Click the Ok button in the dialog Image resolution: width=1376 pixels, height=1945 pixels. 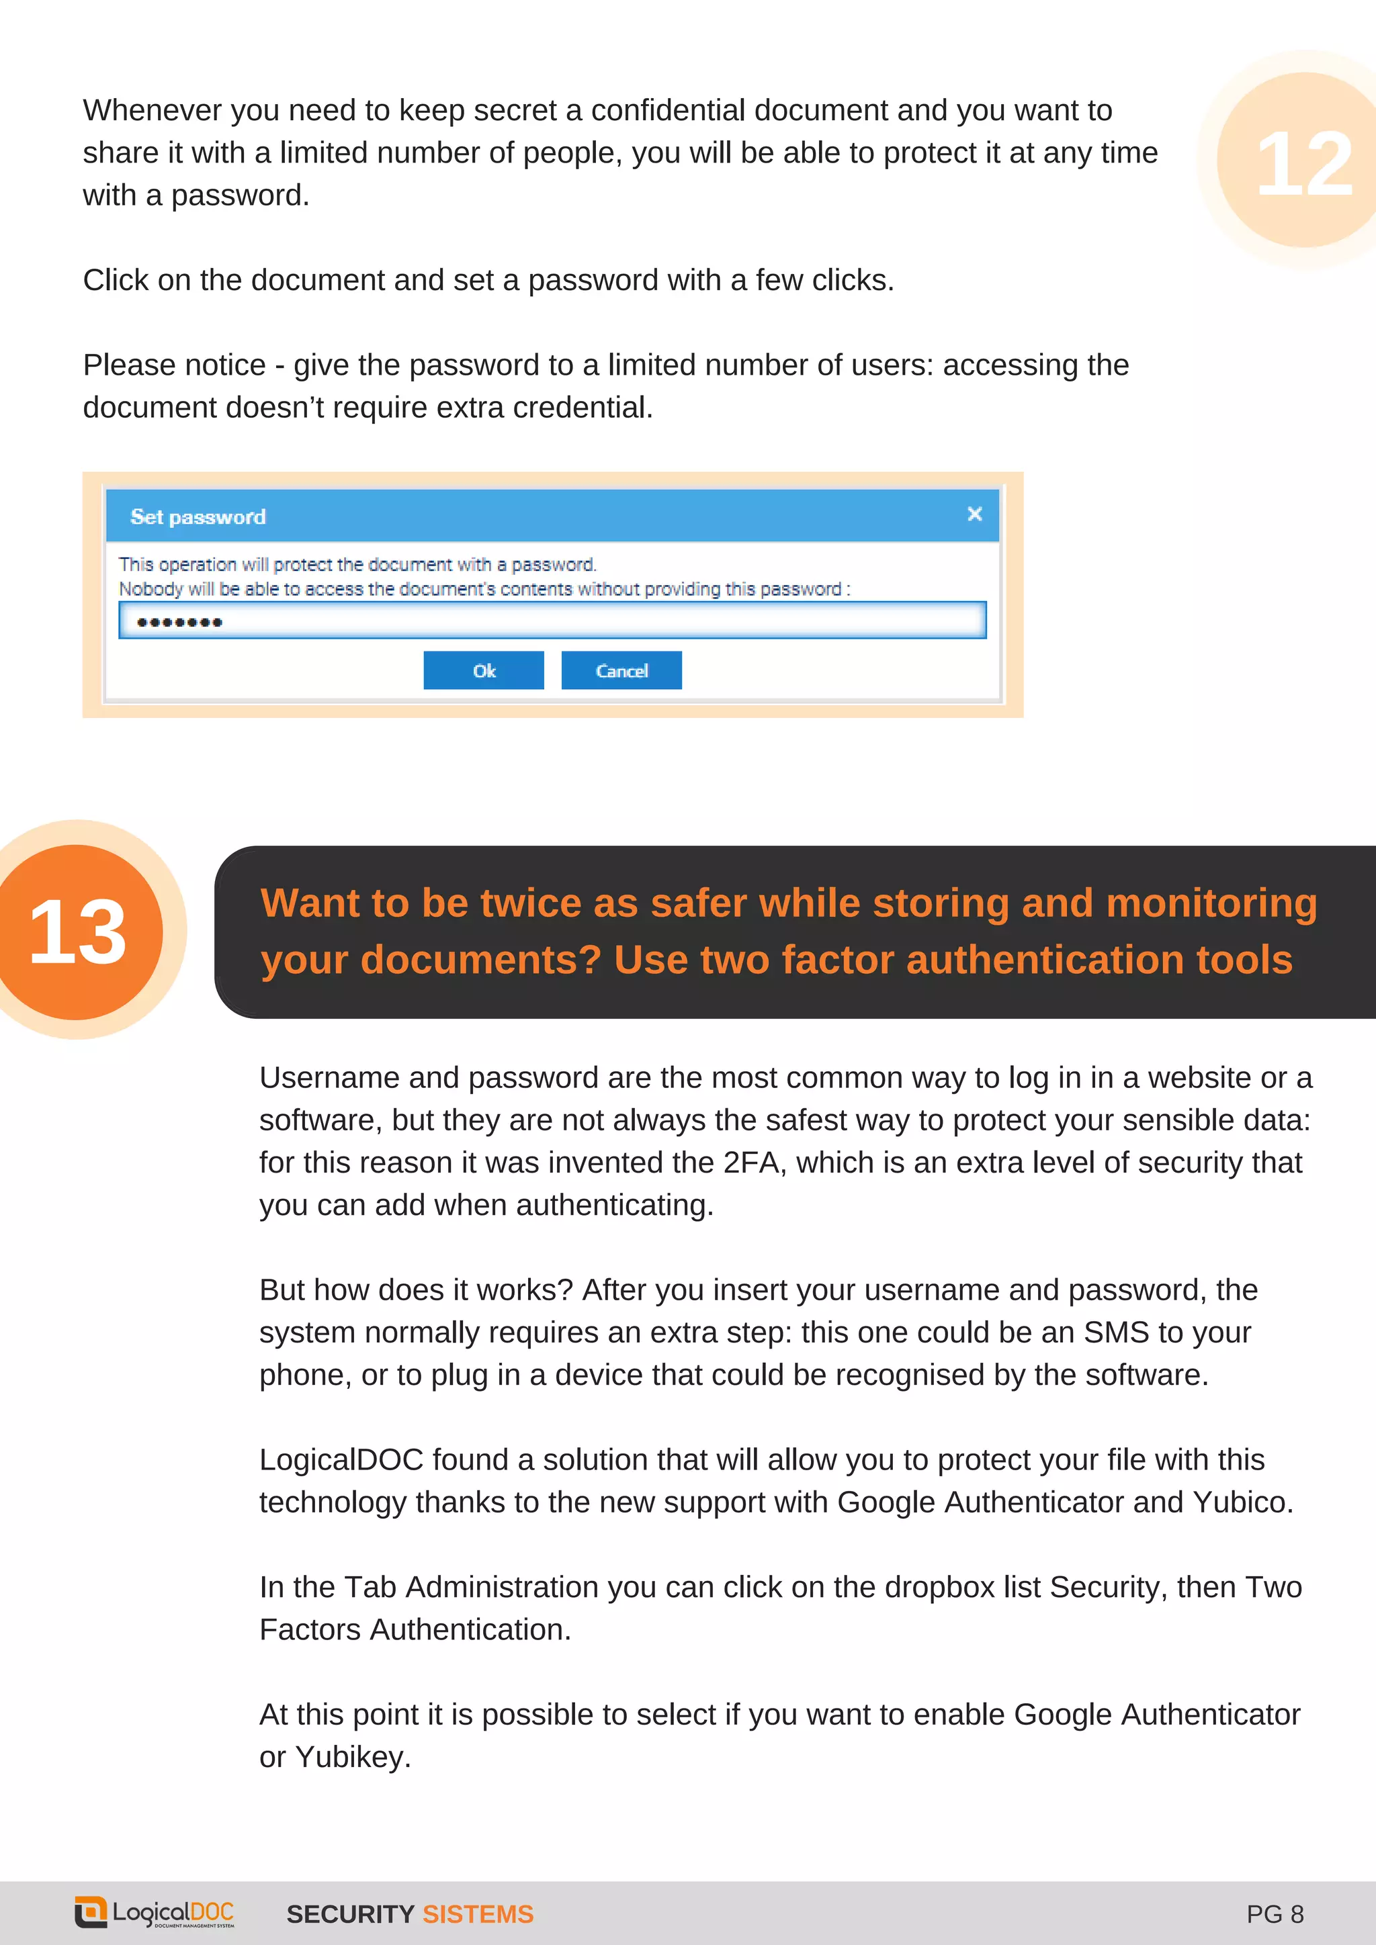pos(483,670)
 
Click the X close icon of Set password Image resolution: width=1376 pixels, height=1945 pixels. pos(974,514)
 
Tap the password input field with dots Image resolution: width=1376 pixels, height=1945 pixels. pos(552,621)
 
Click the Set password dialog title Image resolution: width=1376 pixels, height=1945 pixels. pos(198,516)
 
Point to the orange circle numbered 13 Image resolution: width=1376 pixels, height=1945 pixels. pos(78,931)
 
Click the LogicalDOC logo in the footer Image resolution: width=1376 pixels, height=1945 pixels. pos(155,1913)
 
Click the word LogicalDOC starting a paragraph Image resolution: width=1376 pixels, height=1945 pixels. pos(341,1459)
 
